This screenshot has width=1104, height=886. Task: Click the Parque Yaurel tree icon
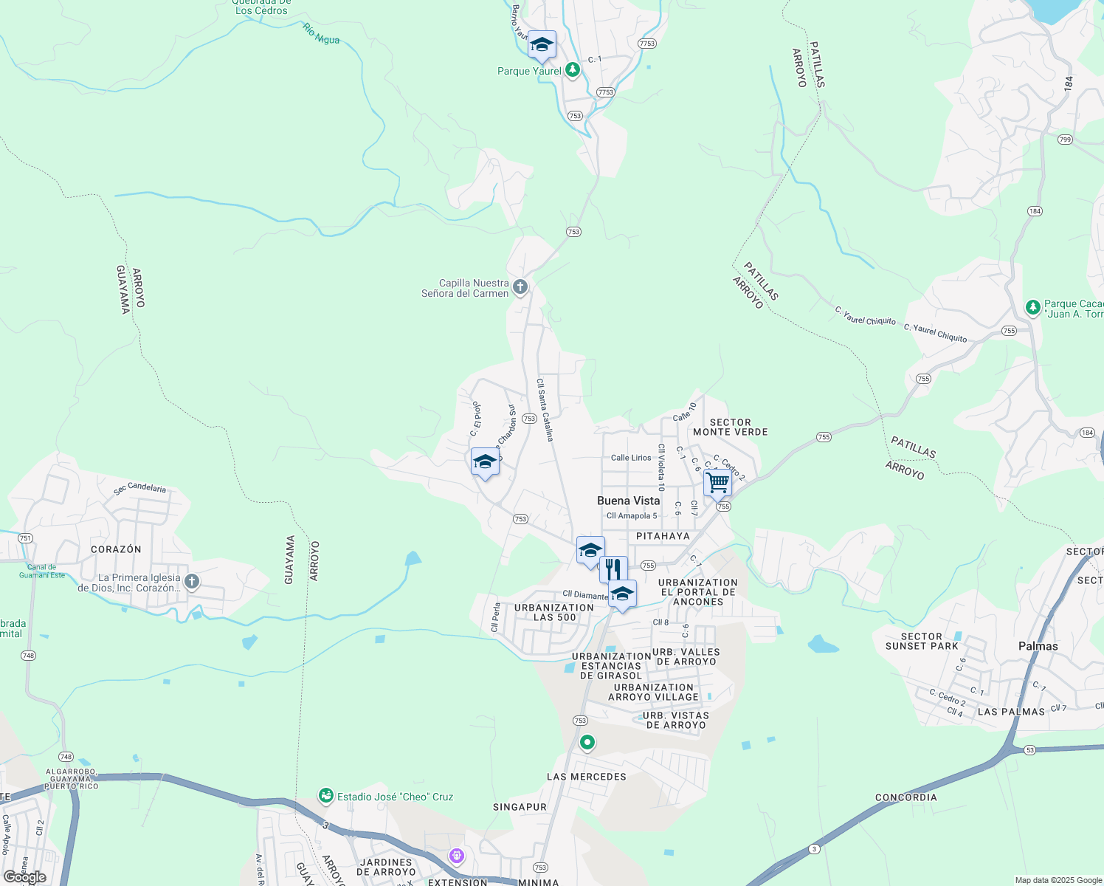[572, 70]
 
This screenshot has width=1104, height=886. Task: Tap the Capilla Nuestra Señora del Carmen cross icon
[520, 287]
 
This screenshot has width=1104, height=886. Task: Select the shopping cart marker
[717, 484]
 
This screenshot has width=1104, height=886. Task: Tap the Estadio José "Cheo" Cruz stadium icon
[326, 796]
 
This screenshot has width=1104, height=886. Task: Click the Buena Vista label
[628, 501]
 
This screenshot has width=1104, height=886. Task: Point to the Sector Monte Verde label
[730, 427]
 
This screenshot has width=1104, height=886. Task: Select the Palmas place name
[1038, 646]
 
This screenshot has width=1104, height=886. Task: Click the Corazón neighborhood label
[116, 549]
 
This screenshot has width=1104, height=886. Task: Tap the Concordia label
[905, 797]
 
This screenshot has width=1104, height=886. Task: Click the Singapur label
[520, 807]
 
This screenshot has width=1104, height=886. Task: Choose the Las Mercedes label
[586, 777]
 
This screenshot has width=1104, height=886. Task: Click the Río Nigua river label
[321, 34]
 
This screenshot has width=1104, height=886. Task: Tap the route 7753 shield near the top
[646, 44]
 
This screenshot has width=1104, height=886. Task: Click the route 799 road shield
[1064, 140]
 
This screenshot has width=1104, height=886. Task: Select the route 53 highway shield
[1030, 750]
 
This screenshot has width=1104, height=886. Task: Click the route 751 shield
[25, 538]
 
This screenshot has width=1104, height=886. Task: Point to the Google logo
[24, 877]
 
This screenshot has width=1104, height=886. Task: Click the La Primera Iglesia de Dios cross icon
[192, 582]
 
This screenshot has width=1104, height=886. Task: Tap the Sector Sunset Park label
[921, 641]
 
